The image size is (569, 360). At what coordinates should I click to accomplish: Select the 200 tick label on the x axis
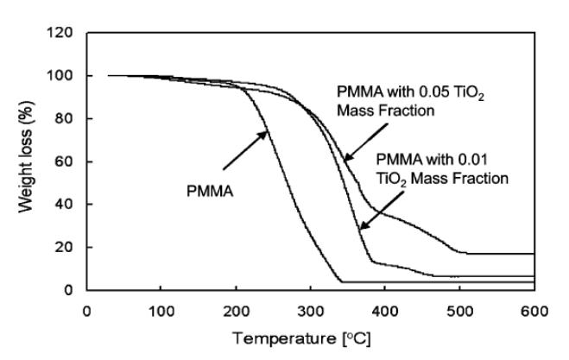(x=235, y=310)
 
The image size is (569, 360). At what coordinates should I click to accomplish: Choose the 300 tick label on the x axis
(x=310, y=310)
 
